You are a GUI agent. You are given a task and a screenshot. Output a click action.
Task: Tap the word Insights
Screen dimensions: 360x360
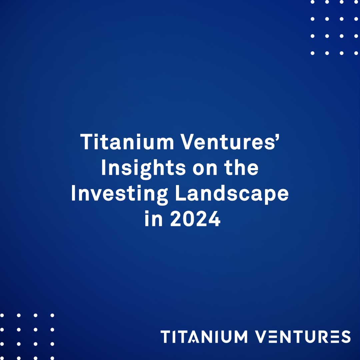point(143,168)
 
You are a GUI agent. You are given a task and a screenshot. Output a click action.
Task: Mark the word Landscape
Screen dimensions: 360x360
point(232,194)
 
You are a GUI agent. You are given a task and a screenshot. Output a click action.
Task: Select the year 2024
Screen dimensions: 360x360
point(195,220)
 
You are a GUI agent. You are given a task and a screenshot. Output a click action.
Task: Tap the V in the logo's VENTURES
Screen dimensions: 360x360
point(262,337)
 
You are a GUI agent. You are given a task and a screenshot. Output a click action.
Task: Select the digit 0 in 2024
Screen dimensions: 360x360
point(189,220)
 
